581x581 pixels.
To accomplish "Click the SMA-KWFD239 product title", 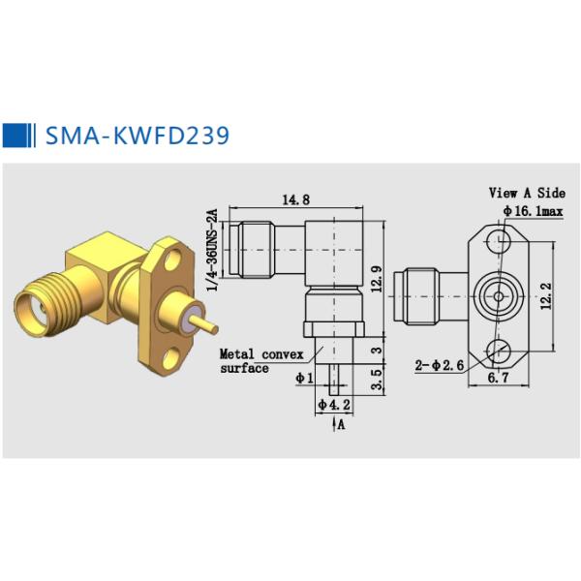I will (x=138, y=135).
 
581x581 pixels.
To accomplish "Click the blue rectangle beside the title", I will (x=16, y=135).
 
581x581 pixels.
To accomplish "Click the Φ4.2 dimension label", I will (x=335, y=406).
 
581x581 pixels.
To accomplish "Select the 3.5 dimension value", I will (x=376, y=376).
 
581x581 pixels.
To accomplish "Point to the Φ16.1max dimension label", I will (x=532, y=210).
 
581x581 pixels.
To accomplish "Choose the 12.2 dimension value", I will (x=546, y=293).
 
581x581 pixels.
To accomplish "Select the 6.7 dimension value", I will (x=499, y=379).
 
